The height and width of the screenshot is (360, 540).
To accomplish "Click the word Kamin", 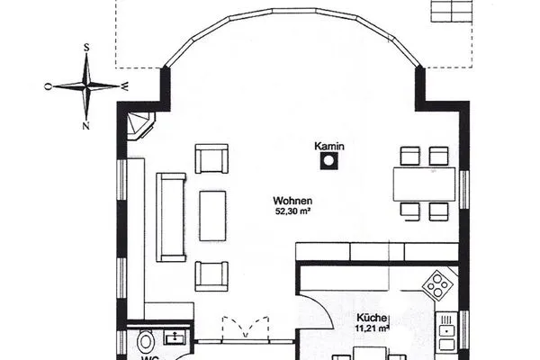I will pos(329,146).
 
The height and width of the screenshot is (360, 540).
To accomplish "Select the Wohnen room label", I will pos(294,201).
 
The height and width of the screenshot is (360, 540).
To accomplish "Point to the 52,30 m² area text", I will pos(294,211).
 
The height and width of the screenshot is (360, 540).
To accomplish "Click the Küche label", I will pos(371,318).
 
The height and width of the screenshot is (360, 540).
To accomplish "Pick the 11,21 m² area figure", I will pos(372,328).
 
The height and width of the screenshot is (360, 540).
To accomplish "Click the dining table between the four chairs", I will pos(426,184).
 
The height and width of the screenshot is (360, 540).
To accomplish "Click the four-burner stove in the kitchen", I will pos(439,286).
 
